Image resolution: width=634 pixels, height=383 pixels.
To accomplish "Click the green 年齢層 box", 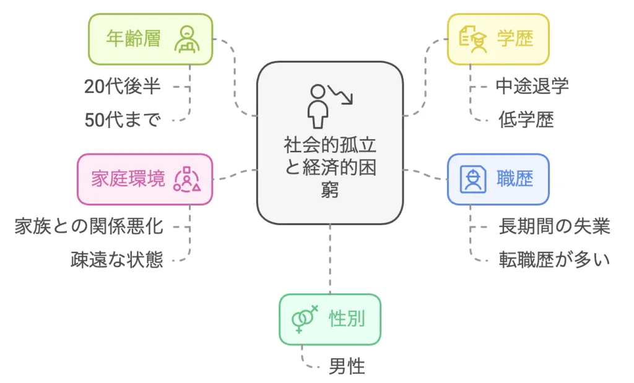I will [x=150, y=39].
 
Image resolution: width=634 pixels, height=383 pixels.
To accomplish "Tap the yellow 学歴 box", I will [x=498, y=39].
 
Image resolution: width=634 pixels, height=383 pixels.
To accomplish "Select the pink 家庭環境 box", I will [x=145, y=179].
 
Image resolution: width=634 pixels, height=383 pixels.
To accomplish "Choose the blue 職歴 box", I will [x=498, y=179].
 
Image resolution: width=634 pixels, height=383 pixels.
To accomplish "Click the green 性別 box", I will [x=329, y=319].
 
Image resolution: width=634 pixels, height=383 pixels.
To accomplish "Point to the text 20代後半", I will [x=123, y=86].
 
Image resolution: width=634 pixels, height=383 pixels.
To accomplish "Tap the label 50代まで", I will [x=123, y=119].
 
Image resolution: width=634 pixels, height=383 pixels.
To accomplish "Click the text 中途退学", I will [x=532, y=86].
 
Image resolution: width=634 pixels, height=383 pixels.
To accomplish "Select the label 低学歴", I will [x=526, y=119].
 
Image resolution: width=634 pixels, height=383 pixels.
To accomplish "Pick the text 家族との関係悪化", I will [x=89, y=226].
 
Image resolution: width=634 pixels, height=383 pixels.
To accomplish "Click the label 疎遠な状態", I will [x=117, y=259].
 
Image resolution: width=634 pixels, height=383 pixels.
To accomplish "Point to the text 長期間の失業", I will [x=554, y=226].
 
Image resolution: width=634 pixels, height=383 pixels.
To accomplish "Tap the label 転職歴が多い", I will [x=554, y=259].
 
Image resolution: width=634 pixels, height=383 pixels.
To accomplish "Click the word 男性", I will [x=347, y=366].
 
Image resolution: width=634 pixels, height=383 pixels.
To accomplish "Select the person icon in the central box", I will [x=317, y=105].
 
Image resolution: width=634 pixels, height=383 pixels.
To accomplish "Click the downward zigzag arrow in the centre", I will [x=341, y=94].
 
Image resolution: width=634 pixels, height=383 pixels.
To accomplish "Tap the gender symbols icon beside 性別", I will [x=305, y=319].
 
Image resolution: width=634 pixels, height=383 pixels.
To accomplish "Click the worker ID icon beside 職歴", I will [x=473, y=179].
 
